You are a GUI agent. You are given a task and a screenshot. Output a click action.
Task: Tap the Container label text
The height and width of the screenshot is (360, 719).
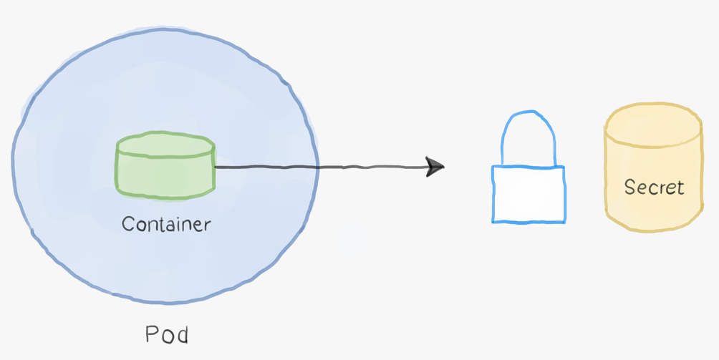(x=166, y=224)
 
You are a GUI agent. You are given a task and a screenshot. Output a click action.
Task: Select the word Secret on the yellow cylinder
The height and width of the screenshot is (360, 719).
(x=654, y=188)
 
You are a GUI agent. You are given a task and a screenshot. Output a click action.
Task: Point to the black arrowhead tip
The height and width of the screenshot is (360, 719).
(x=443, y=167)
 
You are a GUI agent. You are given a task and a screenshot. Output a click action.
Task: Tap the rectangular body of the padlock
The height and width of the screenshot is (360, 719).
(x=528, y=194)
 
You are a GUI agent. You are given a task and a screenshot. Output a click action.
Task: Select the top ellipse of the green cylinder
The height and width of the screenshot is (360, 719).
(x=165, y=145)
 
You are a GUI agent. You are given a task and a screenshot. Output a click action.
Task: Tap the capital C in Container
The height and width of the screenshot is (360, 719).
(x=127, y=224)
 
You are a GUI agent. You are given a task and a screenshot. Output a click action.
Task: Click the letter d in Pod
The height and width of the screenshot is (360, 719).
(x=183, y=334)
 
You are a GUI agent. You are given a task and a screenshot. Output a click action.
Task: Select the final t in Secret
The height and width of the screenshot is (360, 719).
(x=680, y=188)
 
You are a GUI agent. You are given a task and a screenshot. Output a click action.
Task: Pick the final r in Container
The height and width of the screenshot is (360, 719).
(x=208, y=225)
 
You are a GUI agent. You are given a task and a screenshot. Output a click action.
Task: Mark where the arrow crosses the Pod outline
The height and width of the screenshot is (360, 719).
(x=317, y=168)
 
